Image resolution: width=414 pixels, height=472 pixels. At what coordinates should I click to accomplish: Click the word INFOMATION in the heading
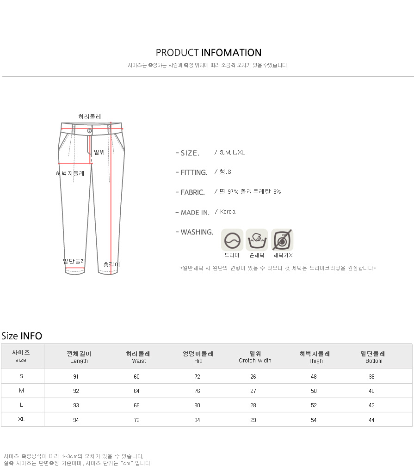231,53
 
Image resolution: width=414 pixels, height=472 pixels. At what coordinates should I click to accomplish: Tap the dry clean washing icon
232,240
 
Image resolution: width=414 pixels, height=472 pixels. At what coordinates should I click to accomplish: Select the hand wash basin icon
257,240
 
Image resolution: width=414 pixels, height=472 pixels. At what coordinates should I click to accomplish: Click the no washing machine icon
282,240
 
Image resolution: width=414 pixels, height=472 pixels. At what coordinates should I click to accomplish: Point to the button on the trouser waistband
89,131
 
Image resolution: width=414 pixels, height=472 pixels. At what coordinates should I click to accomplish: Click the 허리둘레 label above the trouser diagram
89,116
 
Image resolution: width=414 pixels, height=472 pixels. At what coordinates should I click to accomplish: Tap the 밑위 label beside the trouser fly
99,152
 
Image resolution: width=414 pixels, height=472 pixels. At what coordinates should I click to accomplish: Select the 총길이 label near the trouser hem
111,264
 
